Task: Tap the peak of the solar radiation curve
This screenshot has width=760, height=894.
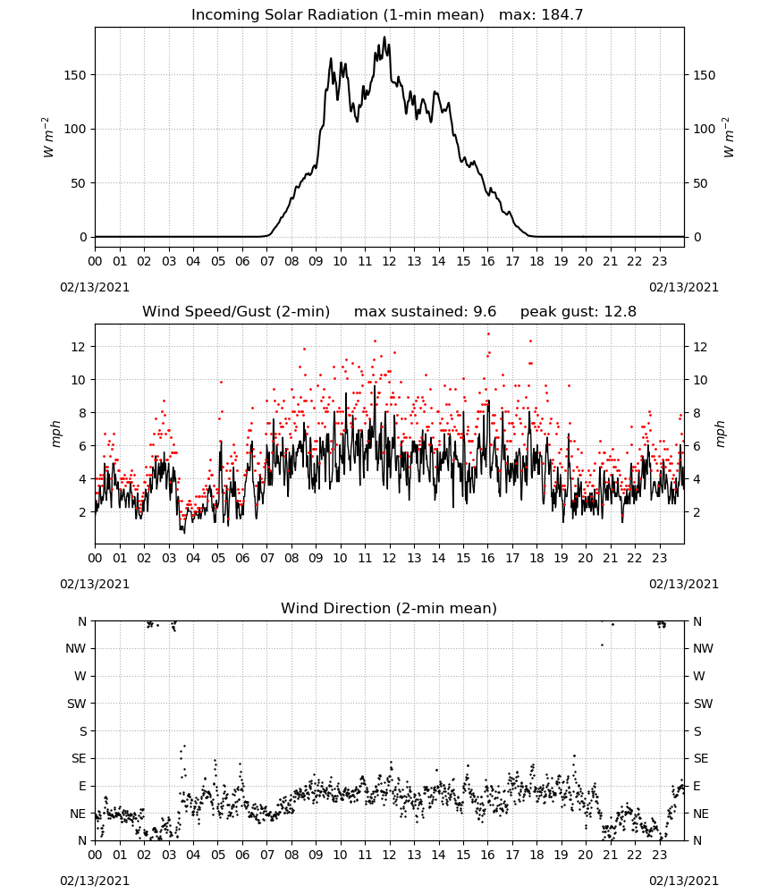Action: point(384,37)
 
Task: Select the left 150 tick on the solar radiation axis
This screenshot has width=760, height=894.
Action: point(75,75)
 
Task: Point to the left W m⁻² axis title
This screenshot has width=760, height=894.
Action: point(48,138)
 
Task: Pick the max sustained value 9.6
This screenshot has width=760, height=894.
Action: point(485,312)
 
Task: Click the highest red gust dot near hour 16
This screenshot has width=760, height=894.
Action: point(488,333)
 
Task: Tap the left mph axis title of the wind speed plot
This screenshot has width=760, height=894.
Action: point(55,434)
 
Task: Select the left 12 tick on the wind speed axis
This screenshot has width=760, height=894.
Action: point(79,347)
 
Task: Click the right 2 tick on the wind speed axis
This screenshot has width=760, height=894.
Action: point(697,512)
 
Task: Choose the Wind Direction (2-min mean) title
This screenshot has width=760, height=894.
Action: point(389,608)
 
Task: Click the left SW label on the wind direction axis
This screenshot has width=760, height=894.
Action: point(77,704)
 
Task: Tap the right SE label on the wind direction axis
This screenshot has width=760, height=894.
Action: point(701,758)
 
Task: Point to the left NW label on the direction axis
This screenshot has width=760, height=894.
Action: point(76,648)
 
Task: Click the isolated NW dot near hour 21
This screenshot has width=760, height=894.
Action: point(602,645)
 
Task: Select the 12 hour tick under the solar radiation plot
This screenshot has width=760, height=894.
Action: point(390,262)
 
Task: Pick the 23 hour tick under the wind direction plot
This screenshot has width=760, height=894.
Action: point(659,855)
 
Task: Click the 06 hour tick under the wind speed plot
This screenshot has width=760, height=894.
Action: point(242,558)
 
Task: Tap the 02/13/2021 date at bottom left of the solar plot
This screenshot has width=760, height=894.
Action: point(95,287)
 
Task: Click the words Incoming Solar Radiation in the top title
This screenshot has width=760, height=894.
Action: point(284,15)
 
